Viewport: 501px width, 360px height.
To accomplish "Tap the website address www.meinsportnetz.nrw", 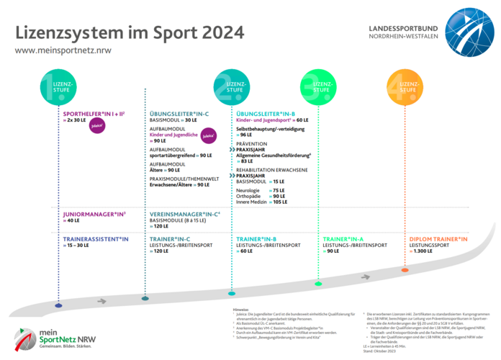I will pyautogui.click(x=63, y=51).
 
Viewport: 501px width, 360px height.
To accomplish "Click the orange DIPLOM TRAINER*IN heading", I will pyautogui.click(x=438, y=238).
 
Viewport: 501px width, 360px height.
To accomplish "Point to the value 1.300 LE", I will pyautogui.click(x=428, y=252).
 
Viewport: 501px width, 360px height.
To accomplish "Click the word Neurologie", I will pyautogui.click(x=249, y=189).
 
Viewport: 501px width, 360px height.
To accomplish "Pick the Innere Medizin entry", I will pyautogui.click(x=253, y=202).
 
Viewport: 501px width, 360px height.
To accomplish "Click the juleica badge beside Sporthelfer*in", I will pyautogui.click(x=97, y=125).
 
